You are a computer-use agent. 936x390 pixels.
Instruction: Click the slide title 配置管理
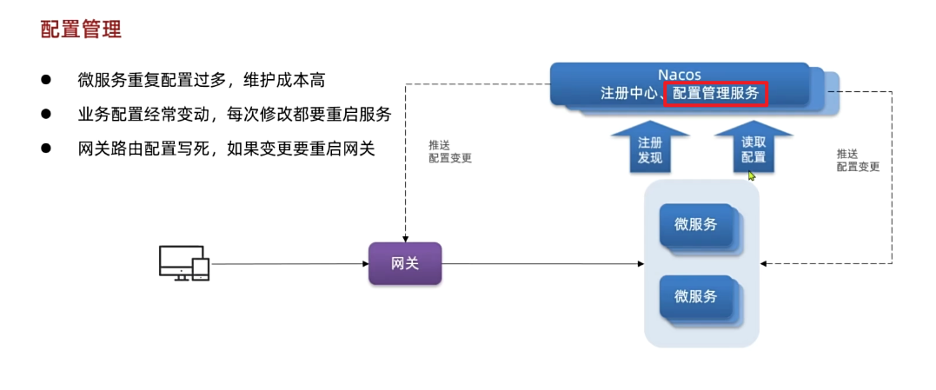coord(81,30)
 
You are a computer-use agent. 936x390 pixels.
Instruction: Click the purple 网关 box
coord(405,263)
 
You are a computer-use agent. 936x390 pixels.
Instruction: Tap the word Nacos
coord(679,75)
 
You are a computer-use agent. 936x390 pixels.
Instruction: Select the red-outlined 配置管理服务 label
coord(715,93)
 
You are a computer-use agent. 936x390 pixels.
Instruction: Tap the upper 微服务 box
coord(697,225)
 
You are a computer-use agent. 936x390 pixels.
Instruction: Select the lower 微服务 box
coord(697,296)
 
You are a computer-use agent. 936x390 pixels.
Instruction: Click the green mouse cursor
coord(752,175)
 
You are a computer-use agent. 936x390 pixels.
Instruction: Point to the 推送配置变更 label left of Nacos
coord(450,151)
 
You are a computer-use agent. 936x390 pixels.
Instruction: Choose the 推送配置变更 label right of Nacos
coord(858,160)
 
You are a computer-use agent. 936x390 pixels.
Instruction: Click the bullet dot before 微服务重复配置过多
coord(46,79)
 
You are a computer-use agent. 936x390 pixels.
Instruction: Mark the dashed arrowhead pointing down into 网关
coord(405,238)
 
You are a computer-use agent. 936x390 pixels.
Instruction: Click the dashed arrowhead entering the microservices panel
coord(766,263)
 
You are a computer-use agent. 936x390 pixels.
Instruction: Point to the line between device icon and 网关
coord(287,263)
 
